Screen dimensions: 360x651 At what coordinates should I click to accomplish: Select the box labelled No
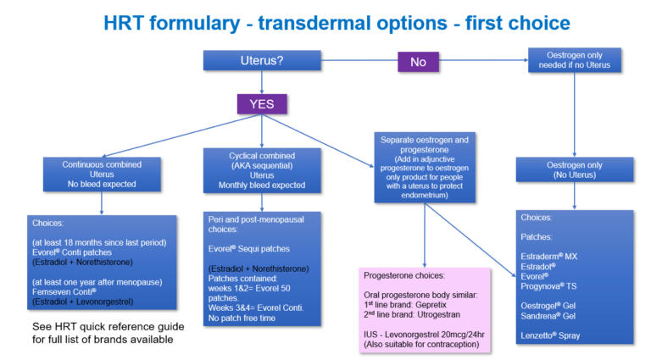(417, 61)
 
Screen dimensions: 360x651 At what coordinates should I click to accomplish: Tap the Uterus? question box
(262, 61)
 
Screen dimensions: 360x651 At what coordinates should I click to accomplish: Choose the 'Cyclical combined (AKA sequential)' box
(261, 169)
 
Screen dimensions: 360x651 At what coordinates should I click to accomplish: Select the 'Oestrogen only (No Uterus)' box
(575, 169)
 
